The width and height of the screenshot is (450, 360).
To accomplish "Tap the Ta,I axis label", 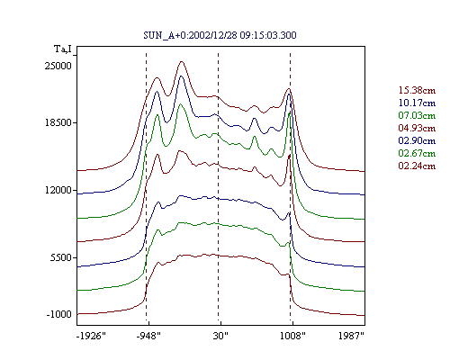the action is pyautogui.click(x=63, y=49).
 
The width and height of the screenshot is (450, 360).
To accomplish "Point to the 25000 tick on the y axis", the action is pyautogui.click(x=58, y=66).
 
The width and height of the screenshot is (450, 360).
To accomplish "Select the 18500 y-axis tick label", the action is pyautogui.click(x=58, y=122).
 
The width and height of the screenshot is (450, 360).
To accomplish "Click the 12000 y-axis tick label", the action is pyautogui.click(x=58, y=190).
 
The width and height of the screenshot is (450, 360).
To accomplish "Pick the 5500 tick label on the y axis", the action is pyautogui.click(x=61, y=257).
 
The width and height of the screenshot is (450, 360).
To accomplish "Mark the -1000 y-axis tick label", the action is pyautogui.click(x=59, y=314).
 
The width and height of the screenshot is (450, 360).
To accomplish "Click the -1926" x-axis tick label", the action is pyautogui.click(x=91, y=336).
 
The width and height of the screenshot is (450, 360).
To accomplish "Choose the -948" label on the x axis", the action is pyautogui.click(x=148, y=336).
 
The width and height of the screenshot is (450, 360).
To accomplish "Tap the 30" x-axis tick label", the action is pyautogui.click(x=220, y=336).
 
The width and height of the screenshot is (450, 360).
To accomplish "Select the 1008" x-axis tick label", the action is pyautogui.click(x=292, y=336).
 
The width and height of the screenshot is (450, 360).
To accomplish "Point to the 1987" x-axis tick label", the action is pyautogui.click(x=351, y=336).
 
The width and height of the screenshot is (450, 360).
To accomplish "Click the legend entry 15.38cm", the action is pyautogui.click(x=417, y=90).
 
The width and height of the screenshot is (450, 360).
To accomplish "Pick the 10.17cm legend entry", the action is pyautogui.click(x=417, y=103).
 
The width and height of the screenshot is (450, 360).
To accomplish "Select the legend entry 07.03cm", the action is pyautogui.click(x=417, y=115).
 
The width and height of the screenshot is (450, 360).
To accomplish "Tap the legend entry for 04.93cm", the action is pyautogui.click(x=417, y=128).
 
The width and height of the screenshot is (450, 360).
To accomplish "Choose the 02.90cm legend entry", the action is pyautogui.click(x=417, y=140).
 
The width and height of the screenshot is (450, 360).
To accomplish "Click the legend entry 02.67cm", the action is pyautogui.click(x=417, y=153).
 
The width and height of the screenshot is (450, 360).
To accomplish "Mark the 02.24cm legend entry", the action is pyautogui.click(x=417, y=166).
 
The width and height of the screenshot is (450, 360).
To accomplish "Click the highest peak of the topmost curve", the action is pyautogui.click(x=181, y=61).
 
